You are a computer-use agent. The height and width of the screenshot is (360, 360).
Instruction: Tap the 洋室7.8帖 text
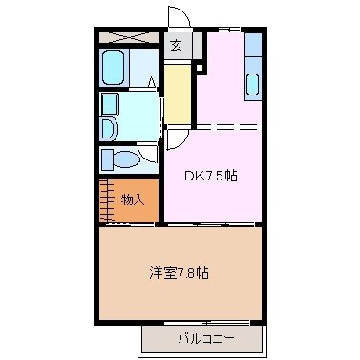point(180,272)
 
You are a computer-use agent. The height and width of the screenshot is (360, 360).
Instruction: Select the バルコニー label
point(203,338)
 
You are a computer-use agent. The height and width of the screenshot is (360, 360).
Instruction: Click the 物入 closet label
point(133,199)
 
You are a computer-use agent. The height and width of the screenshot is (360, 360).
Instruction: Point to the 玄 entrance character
point(177,44)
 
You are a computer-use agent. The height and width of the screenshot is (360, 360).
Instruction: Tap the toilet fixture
point(119,159)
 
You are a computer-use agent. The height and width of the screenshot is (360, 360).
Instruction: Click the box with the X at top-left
point(130,37)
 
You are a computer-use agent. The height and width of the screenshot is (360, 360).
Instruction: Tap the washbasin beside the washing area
point(108,127)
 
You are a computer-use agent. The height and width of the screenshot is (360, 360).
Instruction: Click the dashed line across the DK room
point(226,128)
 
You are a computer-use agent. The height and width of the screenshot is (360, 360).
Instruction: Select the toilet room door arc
point(145,153)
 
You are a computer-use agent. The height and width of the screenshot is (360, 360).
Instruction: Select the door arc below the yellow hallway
point(177,139)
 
